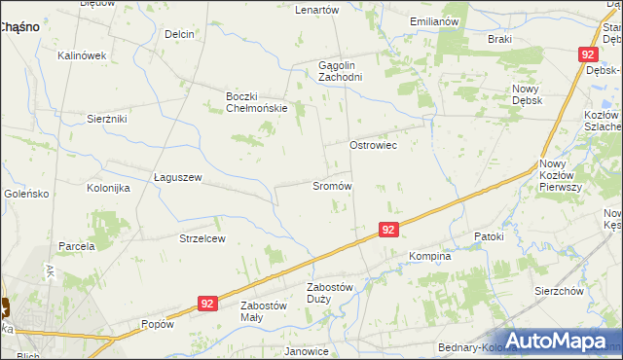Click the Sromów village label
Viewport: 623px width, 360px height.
coord(331,185)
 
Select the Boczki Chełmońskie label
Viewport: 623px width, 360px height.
coord(256,102)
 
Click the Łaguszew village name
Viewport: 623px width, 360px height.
coord(178,177)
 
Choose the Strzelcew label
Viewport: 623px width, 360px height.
coord(202,238)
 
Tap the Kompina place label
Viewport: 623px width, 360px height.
coord(429,257)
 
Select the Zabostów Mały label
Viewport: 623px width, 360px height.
coord(264,310)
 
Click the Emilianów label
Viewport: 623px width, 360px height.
coord(434,21)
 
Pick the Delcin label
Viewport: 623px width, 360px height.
coord(179,34)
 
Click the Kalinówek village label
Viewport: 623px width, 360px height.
coord(82,55)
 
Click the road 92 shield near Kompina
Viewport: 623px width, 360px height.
coord(388,230)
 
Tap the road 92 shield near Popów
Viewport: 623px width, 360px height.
coord(205,304)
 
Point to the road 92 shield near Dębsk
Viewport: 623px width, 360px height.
coord(587,55)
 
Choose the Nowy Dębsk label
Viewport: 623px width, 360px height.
coord(526,94)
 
